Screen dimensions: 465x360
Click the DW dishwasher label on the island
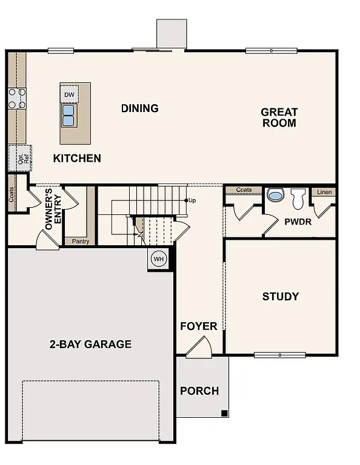coord(69,94)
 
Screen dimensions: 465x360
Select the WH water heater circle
coord(158,259)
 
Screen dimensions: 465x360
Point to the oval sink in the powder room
coord(275,196)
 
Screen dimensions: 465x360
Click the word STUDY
coord(280,297)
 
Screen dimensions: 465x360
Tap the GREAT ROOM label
coord(279,117)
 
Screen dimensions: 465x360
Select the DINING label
coord(139,108)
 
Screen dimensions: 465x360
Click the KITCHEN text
coord(77,159)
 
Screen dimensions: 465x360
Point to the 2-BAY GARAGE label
coord(90,345)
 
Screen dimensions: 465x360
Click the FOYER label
coord(198,327)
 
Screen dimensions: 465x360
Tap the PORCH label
coord(199,391)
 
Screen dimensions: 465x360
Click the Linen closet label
coord(324,192)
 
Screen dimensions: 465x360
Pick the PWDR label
coord(298,222)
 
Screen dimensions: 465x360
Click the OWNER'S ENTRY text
coord(53,209)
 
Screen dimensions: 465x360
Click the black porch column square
coord(224,414)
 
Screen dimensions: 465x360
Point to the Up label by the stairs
coord(192,200)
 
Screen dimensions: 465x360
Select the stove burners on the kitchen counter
coord(17,98)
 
